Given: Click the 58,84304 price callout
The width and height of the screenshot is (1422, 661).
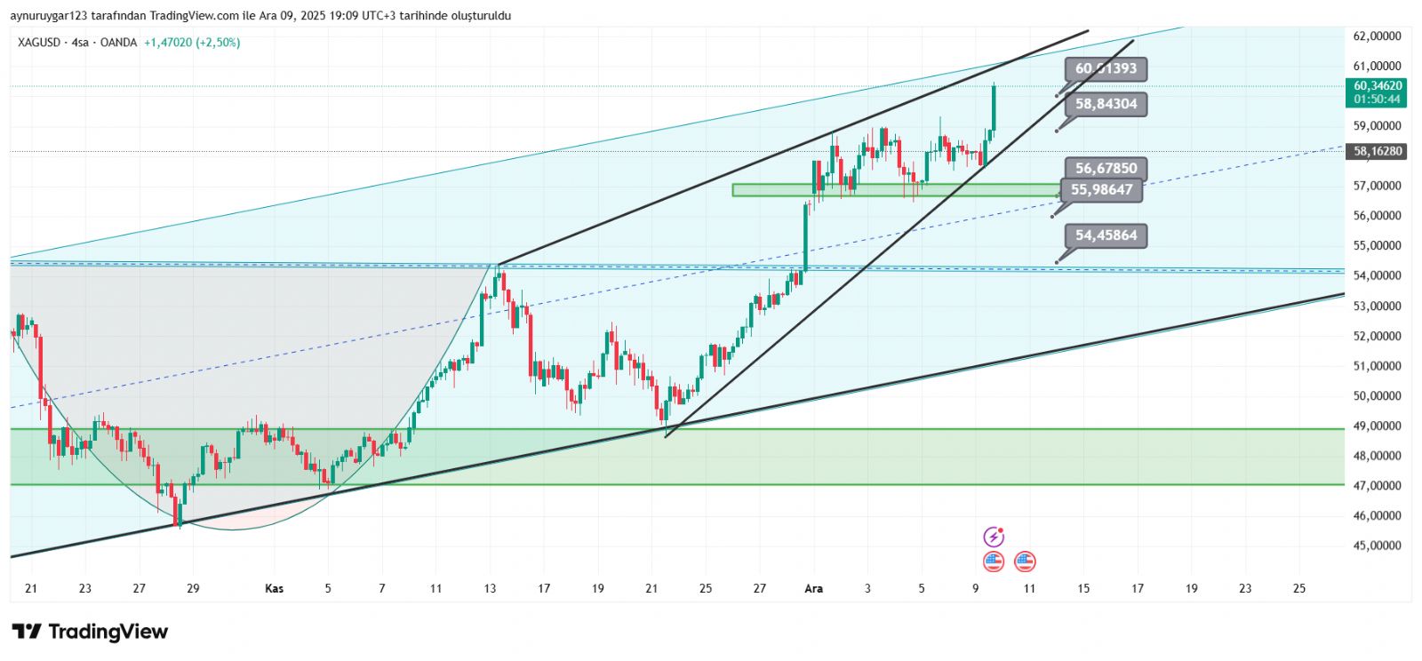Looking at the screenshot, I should (1106, 104).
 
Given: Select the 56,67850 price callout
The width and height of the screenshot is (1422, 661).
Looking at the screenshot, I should (1106, 168).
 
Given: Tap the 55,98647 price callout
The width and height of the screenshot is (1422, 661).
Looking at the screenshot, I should (1101, 189).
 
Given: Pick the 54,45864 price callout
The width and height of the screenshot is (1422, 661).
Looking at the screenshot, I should (1106, 235).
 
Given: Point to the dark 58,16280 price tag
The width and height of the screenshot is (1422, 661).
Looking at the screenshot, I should (1377, 152).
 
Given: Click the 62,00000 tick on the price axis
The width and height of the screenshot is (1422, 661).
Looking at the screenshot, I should (1377, 36).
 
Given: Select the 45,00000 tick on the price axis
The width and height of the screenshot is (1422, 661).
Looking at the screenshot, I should (1377, 546).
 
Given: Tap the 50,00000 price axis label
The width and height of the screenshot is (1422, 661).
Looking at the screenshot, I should (1377, 396).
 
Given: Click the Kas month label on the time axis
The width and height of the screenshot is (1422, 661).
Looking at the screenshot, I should (275, 588).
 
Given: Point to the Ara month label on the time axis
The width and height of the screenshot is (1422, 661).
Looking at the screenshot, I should (813, 588).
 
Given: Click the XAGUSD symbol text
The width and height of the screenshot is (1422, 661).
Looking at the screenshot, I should (39, 43).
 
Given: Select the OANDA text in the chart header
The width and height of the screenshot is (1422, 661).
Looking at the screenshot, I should (118, 43).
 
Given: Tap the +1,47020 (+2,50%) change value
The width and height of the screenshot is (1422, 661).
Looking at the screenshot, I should (192, 43).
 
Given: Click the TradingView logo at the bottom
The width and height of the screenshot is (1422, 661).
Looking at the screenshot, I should (90, 632).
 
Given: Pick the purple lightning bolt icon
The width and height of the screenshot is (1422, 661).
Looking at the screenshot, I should (994, 537).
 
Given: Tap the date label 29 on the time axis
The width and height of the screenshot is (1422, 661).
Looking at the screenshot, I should (193, 588).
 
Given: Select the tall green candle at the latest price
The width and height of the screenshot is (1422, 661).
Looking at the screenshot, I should (993, 107).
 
